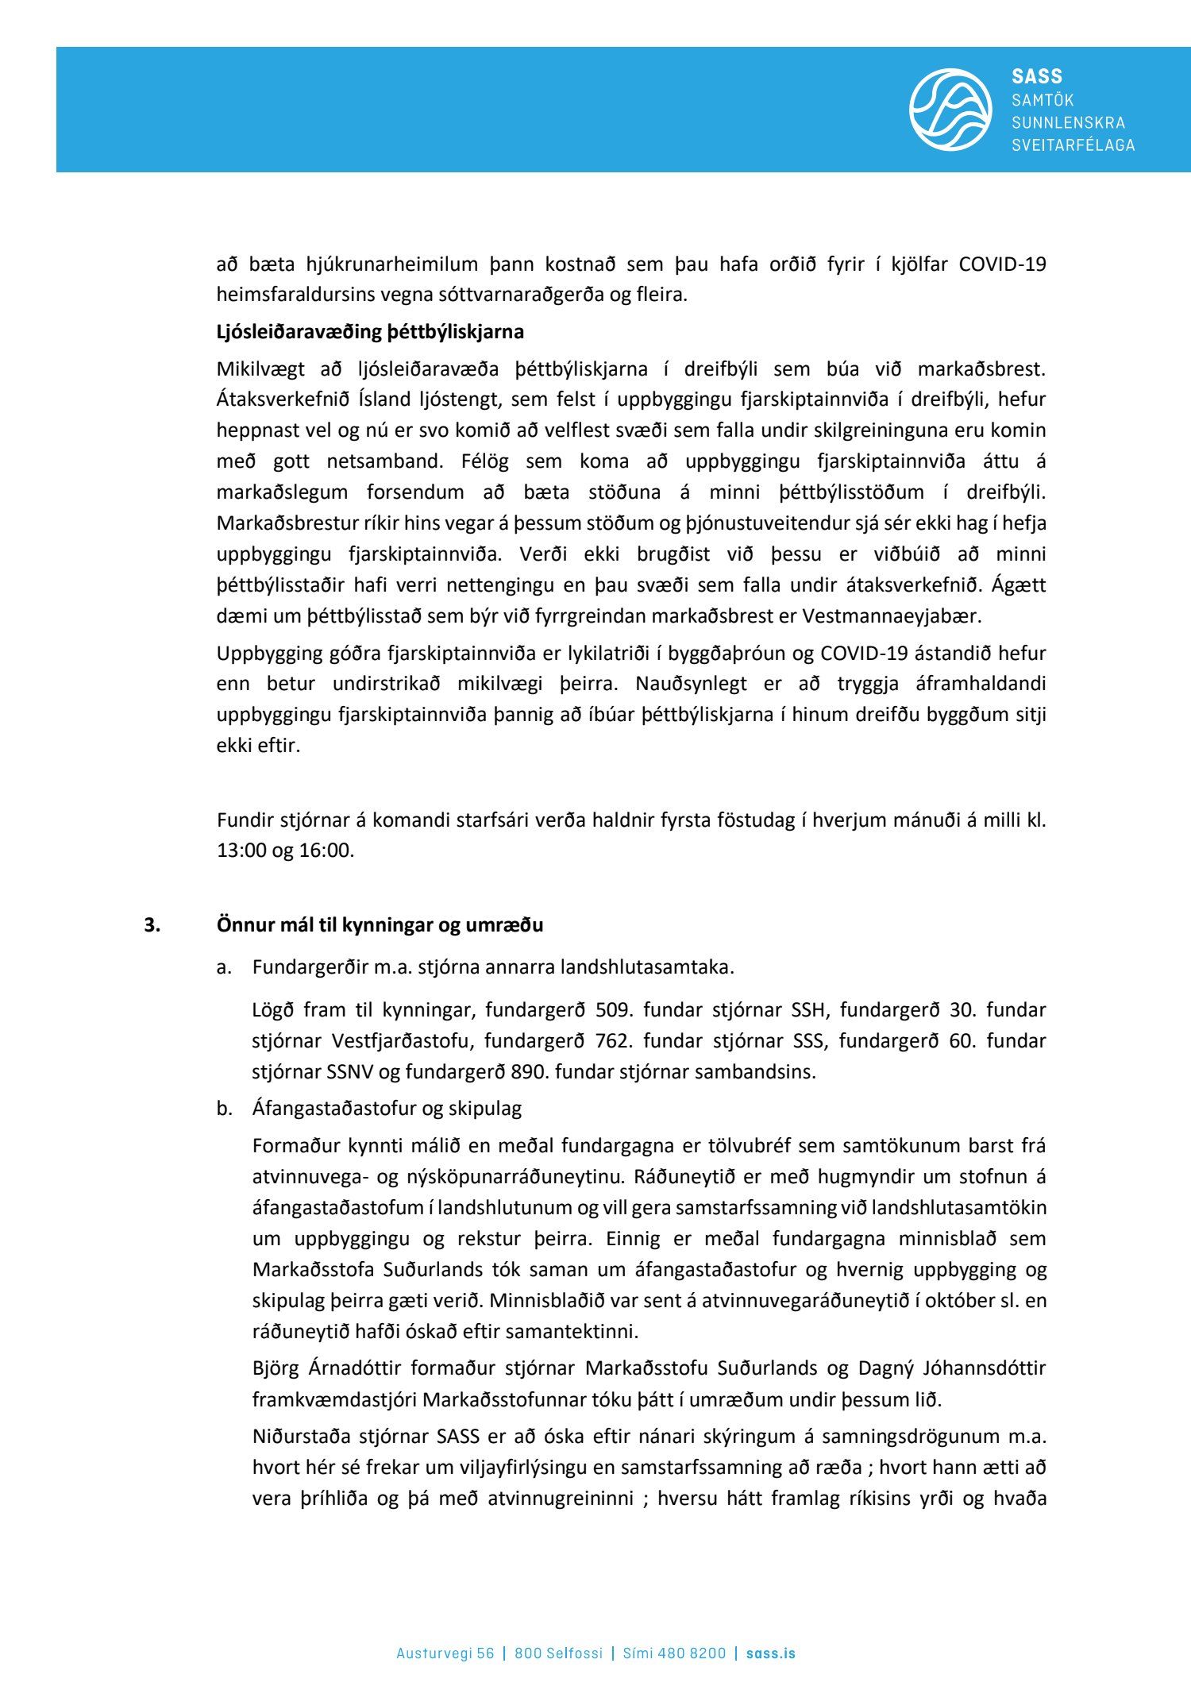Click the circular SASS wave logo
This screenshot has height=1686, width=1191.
[x=950, y=110]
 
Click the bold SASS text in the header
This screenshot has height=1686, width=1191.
[x=1036, y=76]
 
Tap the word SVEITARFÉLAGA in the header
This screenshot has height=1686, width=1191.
[x=1073, y=145]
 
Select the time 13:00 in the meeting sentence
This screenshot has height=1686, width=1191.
[x=241, y=850]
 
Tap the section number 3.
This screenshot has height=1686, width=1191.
[x=152, y=925]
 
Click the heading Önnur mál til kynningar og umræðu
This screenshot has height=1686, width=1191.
[x=380, y=925]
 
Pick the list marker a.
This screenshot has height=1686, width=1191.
[x=224, y=967]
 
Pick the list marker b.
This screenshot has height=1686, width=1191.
[x=224, y=1109]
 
